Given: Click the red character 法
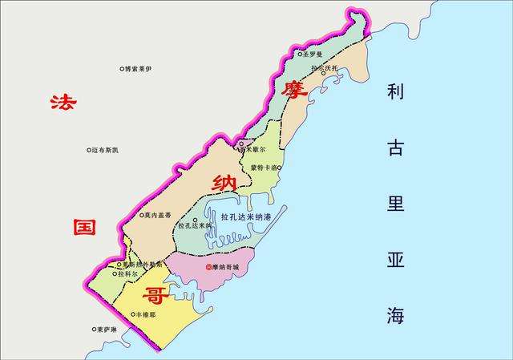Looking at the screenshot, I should click(x=60, y=102).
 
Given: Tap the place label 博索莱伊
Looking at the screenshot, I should click(x=138, y=70).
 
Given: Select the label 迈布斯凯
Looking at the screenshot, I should click(x=105, y=150).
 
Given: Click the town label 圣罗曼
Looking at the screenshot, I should click(x=313, y=55).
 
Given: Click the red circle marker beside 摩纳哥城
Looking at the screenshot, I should click(x=208, y=267).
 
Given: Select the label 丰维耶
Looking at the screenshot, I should click(x=147, y=315).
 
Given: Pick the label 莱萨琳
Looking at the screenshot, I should click(x=107, y=330).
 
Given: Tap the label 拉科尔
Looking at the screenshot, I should click(x=127, y=273).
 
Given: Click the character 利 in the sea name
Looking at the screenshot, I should click(x=395, y=91).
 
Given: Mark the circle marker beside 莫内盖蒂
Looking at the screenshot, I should click(x=140, y=215).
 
